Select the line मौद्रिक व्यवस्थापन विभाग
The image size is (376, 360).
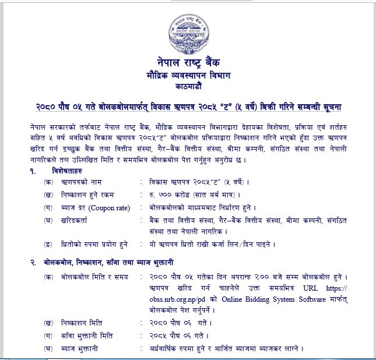[x=188, y=75]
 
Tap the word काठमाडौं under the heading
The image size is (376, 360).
[x=188, y=86]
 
